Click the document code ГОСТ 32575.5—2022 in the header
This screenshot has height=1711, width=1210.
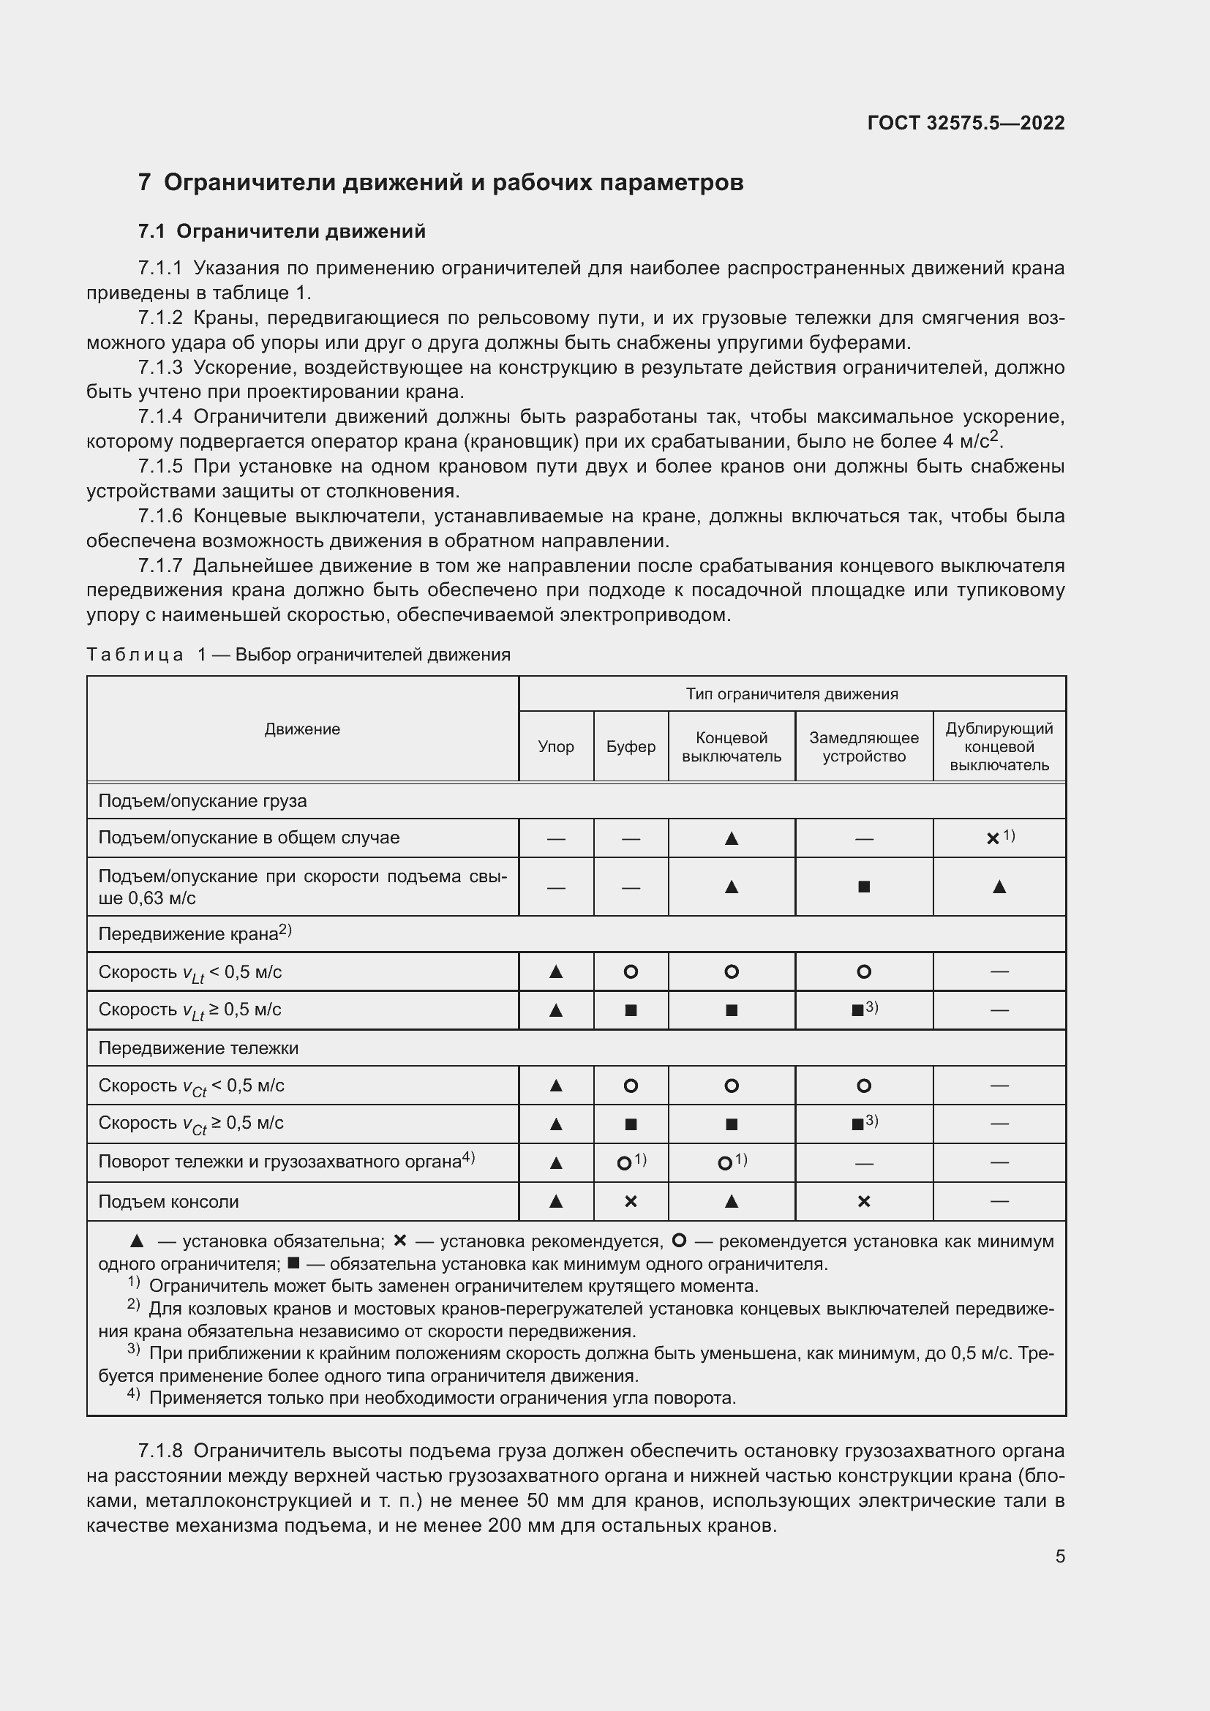(x=966, y=123)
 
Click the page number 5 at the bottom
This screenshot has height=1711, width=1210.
(x=1059, y=1557)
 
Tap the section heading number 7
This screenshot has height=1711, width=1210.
(x=145, y=183)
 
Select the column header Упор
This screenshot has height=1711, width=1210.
(x=556, y=747)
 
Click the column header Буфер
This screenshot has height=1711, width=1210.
(x=631, y=747)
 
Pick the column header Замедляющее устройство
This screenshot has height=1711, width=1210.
(x=863, y=747)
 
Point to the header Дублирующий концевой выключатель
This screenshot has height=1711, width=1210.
(x=999, y=747)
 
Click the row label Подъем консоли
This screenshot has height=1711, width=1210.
(x=168, y=1202)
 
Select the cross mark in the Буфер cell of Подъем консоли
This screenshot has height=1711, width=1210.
(x=631, y=1202)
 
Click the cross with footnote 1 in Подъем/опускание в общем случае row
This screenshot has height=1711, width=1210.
(x=993, y=838)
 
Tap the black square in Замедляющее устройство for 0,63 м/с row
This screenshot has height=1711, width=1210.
(x=863, y=887)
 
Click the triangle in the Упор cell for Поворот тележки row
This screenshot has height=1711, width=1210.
(x=556, y=1162)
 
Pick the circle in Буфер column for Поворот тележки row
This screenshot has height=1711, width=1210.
(x=624, y=1163)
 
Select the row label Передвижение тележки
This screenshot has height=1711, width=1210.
(x=198, y=1048)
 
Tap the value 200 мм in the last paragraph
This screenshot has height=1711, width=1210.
(x=520, y=1524)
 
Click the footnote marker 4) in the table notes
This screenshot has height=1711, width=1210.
(x=133, y=1394)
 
